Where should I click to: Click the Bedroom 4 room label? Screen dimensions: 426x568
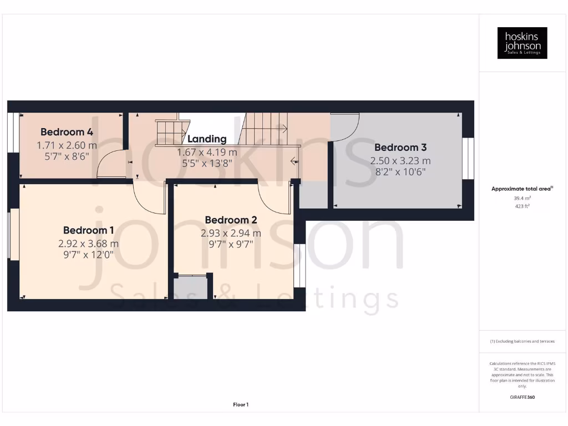(x=67, y=132)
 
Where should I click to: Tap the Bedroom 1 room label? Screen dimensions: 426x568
(x=89, y=230)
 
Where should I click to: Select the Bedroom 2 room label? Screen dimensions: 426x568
(x=231, y=220)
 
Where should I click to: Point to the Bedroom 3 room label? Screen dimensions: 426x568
(x=400, y=148)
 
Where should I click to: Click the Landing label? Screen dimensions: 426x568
(x=207, y=139)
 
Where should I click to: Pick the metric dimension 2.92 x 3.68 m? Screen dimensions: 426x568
(x=89, y=244)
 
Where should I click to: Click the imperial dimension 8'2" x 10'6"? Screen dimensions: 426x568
(x=400, y=172)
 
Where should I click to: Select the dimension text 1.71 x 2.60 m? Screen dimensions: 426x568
(x=67, y=145)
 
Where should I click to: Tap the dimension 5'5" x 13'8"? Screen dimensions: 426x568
(x=207, y=163)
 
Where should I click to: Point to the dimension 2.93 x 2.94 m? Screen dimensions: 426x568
(x=231, y=234)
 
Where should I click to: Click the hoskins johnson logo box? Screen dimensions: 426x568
(x=522, y=43)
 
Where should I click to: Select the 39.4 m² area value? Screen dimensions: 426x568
(x=522, y=197)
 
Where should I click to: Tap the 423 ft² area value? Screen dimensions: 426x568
(x=522, y=206)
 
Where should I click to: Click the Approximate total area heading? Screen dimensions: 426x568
(x=522, y=189)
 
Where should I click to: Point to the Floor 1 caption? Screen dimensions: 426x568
(x=241, y=405)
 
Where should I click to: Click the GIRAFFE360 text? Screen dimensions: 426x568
(x=522, y=397)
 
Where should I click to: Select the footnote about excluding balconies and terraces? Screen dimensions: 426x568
(x=522, y=341)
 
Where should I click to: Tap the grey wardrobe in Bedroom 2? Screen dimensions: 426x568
(x=191, y=287)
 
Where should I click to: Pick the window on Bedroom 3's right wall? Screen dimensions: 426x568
(x=469, y=158)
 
